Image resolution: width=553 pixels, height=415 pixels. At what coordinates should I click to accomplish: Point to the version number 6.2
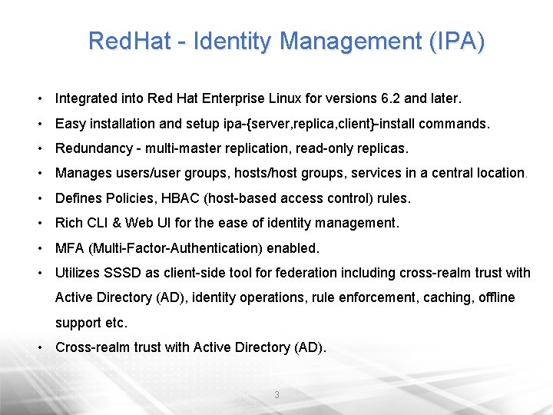click(392, 98)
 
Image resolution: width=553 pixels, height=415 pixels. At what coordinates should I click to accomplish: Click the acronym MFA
click(69, 248)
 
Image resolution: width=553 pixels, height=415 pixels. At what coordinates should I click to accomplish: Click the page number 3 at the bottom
click(276, 395)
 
